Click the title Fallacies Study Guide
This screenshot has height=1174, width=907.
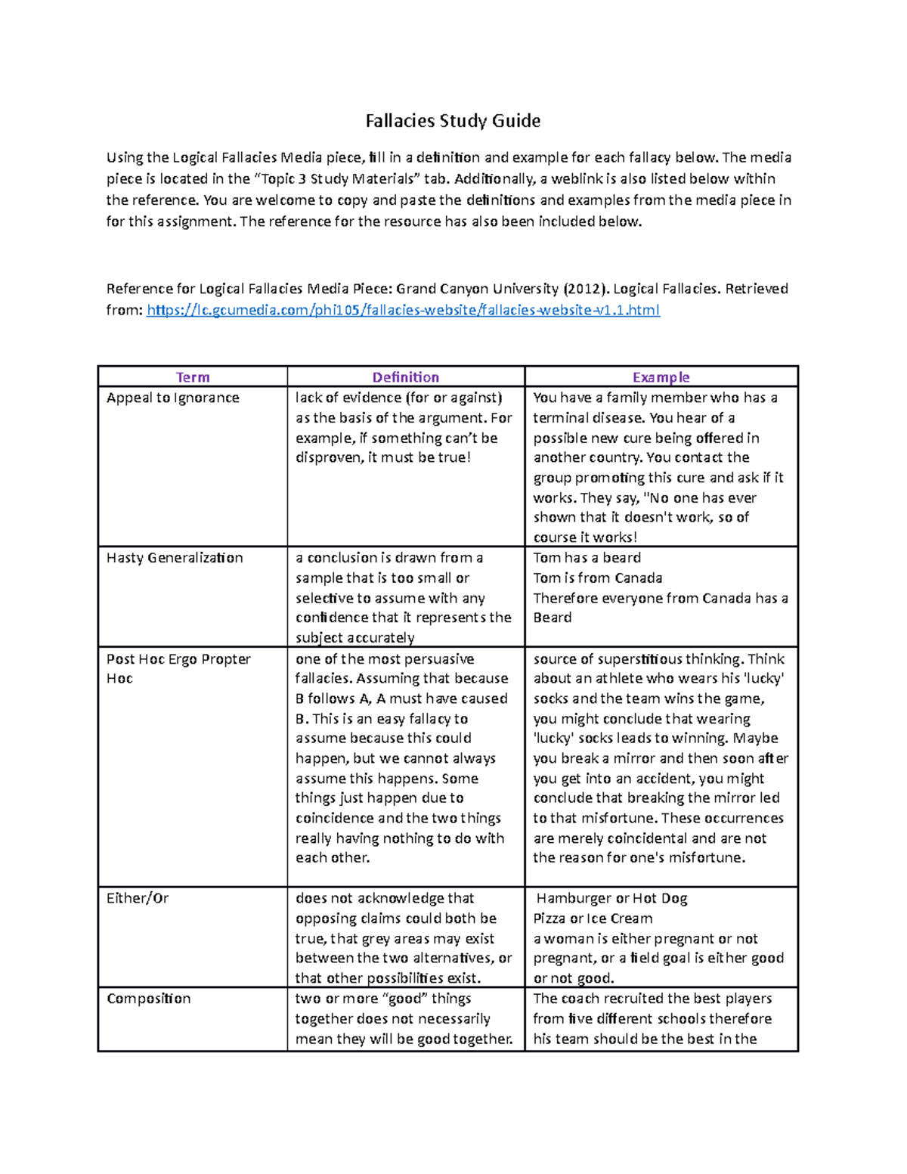[453, 121]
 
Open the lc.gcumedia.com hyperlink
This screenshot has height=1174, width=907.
[403, 310]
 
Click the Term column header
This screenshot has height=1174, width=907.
[193, 377]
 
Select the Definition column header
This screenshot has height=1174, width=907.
[405, 377]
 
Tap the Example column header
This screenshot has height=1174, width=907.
[661, 377]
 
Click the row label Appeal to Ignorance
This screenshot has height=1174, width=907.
[173, 398]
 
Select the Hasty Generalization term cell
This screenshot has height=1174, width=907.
[175, 558]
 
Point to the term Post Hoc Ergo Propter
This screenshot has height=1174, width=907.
[178, 659]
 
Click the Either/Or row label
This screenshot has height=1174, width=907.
[138, 898]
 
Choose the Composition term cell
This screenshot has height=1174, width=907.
[149, 999]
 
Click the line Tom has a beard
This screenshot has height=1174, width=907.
[587, 558]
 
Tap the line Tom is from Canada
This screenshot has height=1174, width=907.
[598, 578]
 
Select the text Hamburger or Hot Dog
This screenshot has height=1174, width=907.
[611, 898]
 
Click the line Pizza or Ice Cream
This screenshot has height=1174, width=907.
[593, 918]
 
